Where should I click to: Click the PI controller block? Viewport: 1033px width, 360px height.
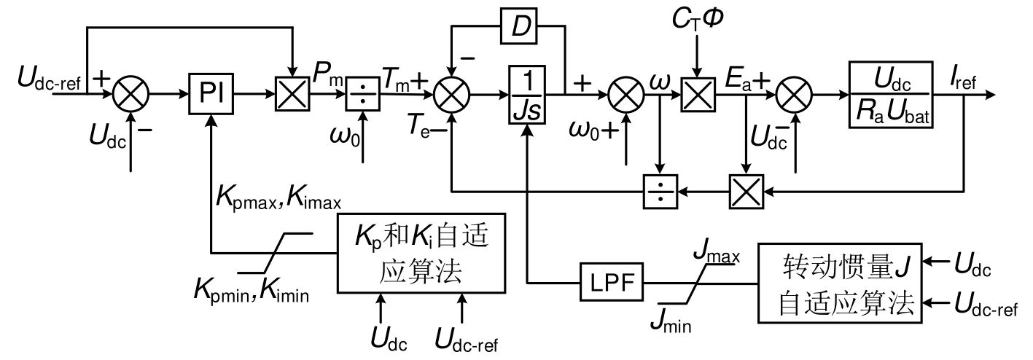(x=211, y=95)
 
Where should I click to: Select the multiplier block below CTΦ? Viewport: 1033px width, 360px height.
(x=696, y=95)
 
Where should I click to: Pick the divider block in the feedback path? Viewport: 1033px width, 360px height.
(x=660, y=192)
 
